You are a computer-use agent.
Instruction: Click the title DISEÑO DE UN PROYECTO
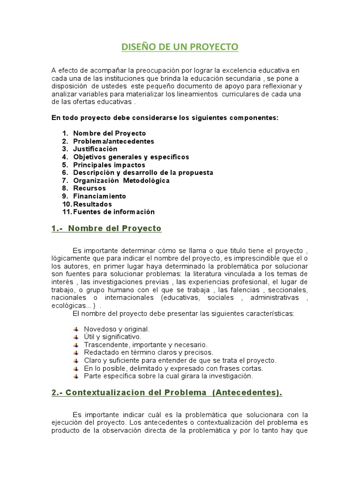click(x=180, y=47)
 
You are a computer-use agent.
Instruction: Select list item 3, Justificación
click(x=95, y=149)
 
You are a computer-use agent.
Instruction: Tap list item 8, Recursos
click(x=90, y=188)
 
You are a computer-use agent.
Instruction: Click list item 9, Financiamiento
click(x=99, y=196)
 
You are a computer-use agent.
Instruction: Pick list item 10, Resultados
click(x=92, y=204)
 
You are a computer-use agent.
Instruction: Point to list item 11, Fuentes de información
click(x=113, y=212)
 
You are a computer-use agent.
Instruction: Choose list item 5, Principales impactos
click(x=109, y=165)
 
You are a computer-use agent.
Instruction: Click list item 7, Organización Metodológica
click(x=121, y=180)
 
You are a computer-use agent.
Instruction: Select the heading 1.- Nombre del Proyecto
click(x=106, y=229)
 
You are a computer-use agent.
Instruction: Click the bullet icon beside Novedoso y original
click(x=76, y=329)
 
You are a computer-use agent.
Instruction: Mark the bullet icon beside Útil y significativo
click(x=76, y=337)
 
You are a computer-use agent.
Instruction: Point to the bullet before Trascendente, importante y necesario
click(x=76, y=345)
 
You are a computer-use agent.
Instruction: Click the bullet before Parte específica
click(x=76, y=376)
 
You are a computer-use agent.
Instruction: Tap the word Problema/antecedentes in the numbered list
click(x=113, y=141)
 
